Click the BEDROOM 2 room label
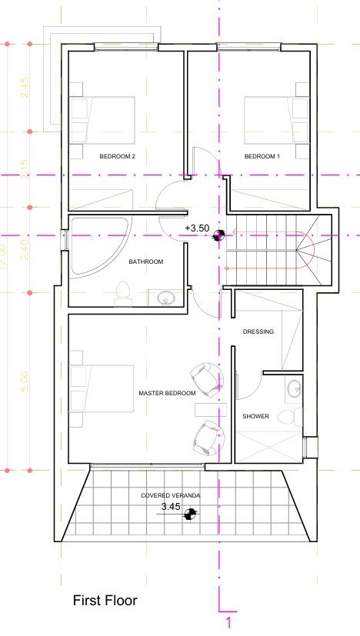[x=118, y=157]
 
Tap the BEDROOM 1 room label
[x=262, y=157]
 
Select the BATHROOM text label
[x=145, y=262]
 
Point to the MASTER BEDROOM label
[x=167, y=394]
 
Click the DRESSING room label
[x=258, y=332]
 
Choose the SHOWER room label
[x=256, y=417]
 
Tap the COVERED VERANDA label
[x=170, y=496]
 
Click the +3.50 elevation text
[x=198, y=229]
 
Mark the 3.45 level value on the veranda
[x=171, y=508]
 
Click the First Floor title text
[x=105, y=600]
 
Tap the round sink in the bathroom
[x=163, y=298]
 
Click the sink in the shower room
[x=293, y=390]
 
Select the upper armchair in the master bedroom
[x=205, y=377]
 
